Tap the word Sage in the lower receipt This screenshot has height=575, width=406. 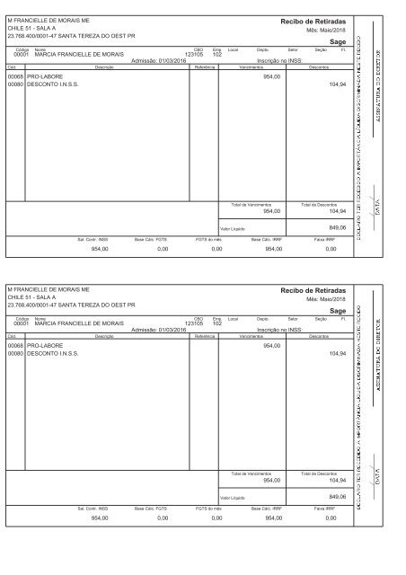click(338, 41)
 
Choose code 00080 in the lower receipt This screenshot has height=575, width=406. click(14, 355)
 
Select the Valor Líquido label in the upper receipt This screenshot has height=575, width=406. click(233, 229)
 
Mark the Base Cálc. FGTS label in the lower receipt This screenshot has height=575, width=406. click(150, 508)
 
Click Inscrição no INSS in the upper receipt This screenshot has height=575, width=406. click(280, 61)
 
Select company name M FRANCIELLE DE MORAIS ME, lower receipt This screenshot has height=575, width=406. click(49, 288)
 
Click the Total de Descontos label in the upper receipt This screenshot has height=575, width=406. click(318, 203)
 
